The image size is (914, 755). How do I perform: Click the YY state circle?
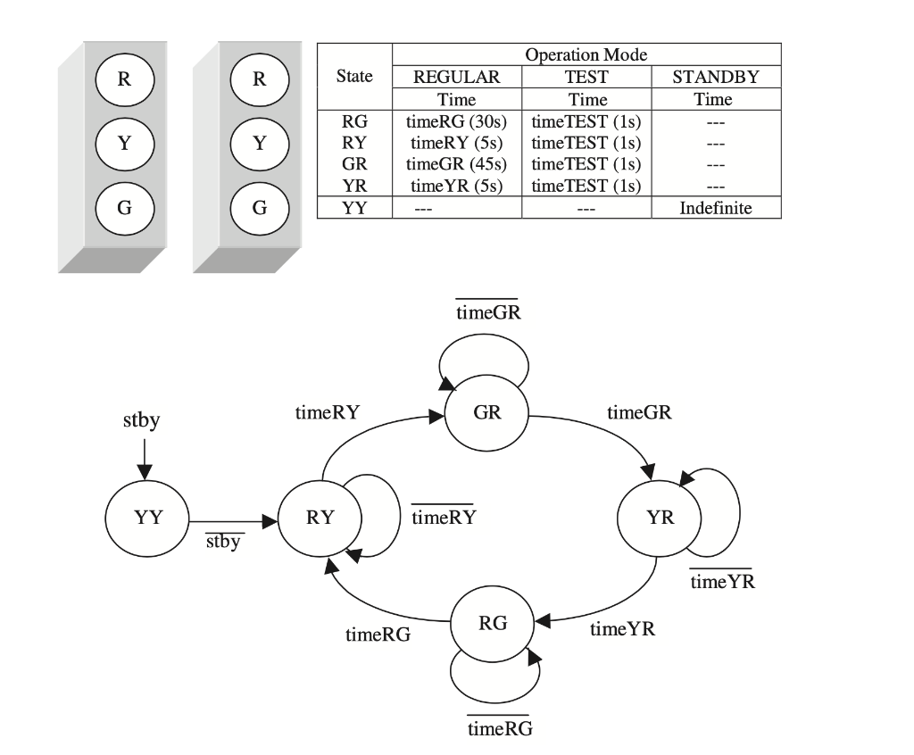click(x=148, y=519)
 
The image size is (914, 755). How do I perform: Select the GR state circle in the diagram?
click(x=486, y=414)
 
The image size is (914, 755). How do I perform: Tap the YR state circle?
click(x=661, y=519)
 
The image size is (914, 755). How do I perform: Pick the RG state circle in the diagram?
click(x=493, y=624)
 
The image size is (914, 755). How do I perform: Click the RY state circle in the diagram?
click(x=320, y=519)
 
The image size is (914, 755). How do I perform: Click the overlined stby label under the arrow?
click(x=223, y=541)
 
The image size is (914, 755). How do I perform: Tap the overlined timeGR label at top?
click(x=487, y=313)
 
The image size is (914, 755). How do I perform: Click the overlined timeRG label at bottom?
click(x=500, y=728)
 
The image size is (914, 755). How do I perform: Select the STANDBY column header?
click(x=715, y=77)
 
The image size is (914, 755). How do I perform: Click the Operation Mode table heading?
click(x=586, y=54)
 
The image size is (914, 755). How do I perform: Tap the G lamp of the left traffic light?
click(x=125, y=208)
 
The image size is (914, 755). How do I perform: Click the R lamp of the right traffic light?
click(x=260, y=79)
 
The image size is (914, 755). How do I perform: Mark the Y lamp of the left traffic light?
click(x=125, y=143)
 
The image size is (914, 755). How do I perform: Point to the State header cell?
click(x=354, y=77)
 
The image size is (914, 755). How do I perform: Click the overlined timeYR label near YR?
click(x=721, y=582)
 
